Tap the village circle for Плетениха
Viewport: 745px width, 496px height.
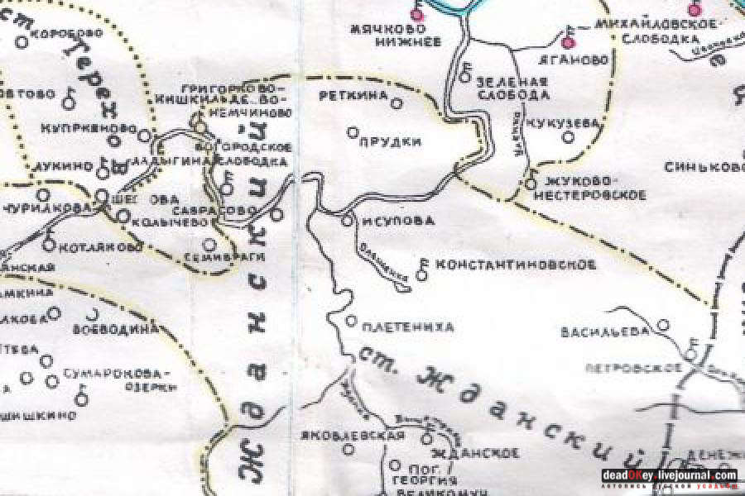(x=350, y=321)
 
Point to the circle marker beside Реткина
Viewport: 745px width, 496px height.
(x=396, y=103)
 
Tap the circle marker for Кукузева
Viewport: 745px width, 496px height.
(x=569, y=137)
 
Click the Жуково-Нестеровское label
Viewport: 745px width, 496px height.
(x=589, y=188)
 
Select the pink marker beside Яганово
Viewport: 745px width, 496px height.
(x=568, y=42)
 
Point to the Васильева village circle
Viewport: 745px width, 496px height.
(x=662, y=324)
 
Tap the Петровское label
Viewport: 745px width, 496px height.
(x=633, y=366)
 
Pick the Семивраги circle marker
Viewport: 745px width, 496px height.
(x=209, y=244)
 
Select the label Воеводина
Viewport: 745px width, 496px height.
(x=116, y=328)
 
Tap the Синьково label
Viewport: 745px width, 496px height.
(x=704, y=168)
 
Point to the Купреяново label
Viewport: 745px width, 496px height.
(x=88, y=129)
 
